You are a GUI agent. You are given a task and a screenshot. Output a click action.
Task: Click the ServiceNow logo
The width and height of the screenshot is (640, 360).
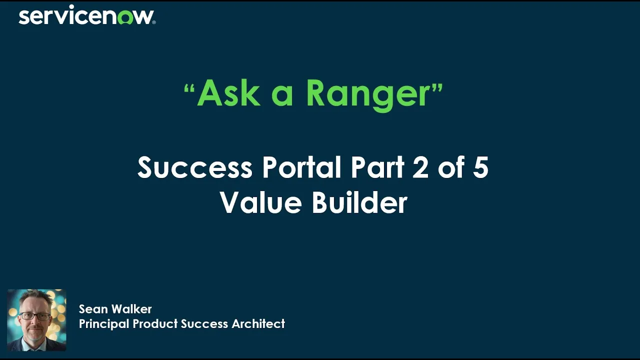[x=86, y=16]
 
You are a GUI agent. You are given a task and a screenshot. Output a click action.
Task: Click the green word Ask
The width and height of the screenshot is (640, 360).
[x=228, y=93]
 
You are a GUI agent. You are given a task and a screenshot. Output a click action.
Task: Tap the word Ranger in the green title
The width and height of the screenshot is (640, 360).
[x=368, y=94]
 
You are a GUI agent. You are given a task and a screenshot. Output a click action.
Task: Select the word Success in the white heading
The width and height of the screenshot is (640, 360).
[x=194, y=167]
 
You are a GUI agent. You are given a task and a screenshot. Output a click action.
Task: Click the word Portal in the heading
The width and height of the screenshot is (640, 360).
[x=303, y=167]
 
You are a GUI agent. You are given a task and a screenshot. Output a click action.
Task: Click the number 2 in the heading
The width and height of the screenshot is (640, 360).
[x=420, y=167]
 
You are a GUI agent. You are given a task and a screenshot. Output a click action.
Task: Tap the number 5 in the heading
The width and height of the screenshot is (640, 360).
[x=480, y=167]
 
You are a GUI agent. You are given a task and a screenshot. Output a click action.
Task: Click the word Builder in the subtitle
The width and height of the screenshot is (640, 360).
[x=359, y=202]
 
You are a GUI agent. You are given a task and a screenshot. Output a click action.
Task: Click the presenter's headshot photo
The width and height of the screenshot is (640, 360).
[x=36, y=320]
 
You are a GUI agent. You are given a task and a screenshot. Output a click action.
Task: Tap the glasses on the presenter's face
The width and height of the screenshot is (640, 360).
[x=35, y=316]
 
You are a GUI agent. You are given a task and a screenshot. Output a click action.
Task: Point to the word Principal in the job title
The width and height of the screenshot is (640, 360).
[x=104, y=323]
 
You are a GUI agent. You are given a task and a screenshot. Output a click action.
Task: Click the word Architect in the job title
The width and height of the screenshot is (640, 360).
[x=258, y=323]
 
